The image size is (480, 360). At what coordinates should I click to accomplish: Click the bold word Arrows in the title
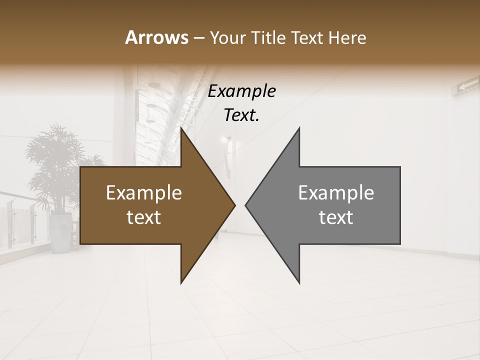tap(156, 37)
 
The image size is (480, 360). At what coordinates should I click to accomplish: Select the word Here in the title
tap(347, 38)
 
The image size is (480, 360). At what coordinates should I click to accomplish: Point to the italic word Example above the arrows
tap(242, 91)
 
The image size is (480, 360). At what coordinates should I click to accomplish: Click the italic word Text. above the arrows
tap(242, 115)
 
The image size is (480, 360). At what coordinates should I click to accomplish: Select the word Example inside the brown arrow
tap(144, 193)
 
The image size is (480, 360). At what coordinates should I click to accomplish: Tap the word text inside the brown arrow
tap(144, 217)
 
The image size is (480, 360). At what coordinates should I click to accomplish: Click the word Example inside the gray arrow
tap(336, 193)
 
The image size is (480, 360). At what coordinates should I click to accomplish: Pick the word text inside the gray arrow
tap(336, 217)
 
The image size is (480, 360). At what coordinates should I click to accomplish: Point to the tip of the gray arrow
tap(246, 205)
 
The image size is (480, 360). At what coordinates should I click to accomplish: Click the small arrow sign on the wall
tap(465, 88)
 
